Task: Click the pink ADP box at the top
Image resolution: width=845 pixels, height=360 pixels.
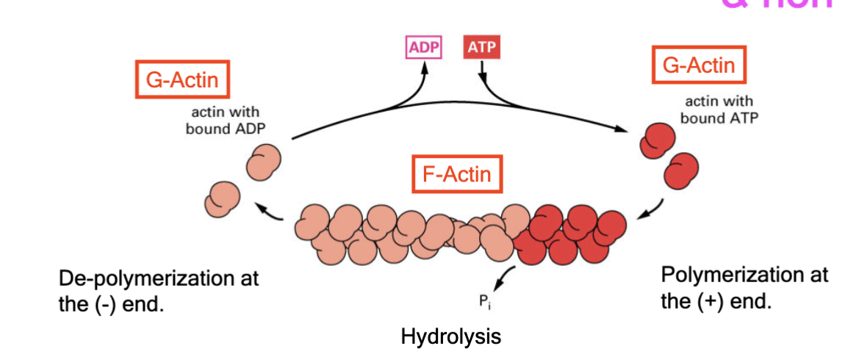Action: point(423,48)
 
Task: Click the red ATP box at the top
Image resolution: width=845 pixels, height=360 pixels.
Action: point(481,48)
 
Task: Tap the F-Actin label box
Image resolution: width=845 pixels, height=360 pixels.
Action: point(456,175)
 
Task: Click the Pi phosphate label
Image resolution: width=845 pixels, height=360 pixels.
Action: point(482,299)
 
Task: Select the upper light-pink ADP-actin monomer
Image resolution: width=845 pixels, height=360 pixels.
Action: point(262,162)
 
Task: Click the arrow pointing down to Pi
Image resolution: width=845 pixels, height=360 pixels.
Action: point(503,278)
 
